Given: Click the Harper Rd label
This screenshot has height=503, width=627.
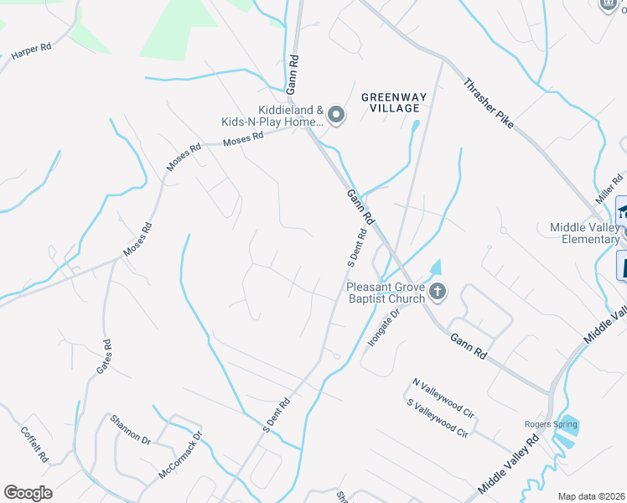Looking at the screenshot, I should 32,50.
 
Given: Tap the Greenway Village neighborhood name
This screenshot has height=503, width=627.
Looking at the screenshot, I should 394,103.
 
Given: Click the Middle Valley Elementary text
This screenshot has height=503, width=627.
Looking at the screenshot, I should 584,234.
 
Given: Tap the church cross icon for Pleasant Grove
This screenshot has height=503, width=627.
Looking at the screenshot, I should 437,292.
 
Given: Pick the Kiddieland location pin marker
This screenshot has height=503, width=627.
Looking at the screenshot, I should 335,116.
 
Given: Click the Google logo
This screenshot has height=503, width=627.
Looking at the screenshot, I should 28,493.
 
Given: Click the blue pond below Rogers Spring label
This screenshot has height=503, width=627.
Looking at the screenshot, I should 568,438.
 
